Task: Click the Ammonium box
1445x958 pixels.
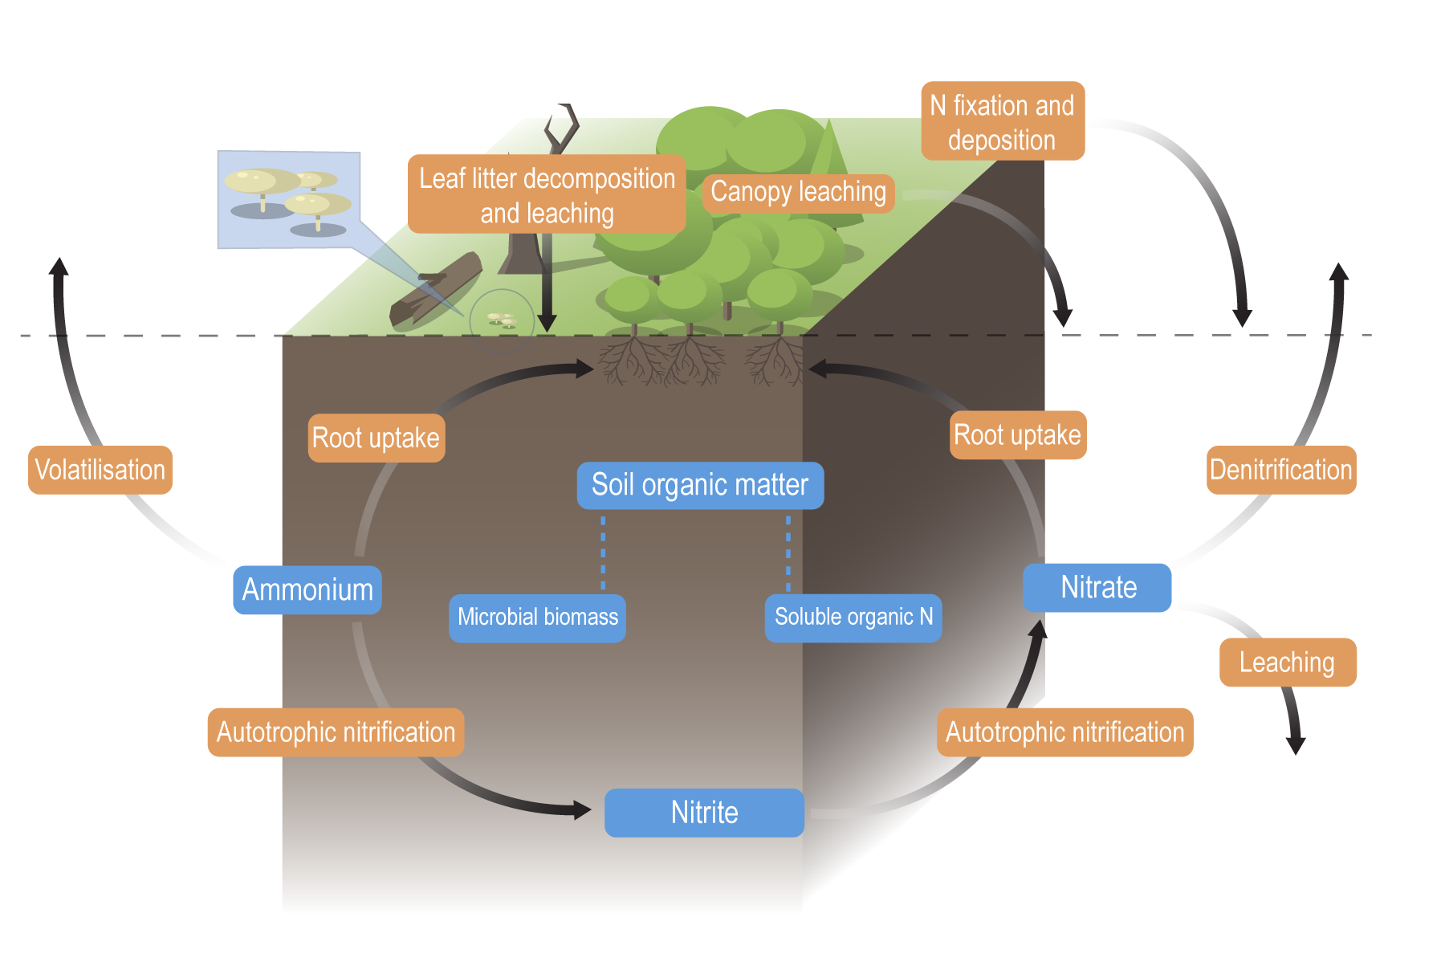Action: (x=307, y=590)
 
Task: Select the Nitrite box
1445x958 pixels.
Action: (x=704, y=813)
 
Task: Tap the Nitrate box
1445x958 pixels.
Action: (x=1097, y=588)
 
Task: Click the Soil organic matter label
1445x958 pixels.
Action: (x=700, y=485)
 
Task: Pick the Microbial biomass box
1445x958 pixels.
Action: (x=537, y=618)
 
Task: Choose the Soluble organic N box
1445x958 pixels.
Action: (x=853, y=618)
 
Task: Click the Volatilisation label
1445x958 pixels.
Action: (x=100, y=470)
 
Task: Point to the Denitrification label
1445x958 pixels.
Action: (x=1280, y=470)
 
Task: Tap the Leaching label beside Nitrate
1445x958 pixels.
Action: (x=1287, y=662)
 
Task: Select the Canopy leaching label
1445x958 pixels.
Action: (x=798, y=193)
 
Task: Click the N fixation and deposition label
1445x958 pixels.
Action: (x=1002, y=121)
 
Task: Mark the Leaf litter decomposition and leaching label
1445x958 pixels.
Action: (x=547, y=195)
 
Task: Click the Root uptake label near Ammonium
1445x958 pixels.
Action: (x=376, y=438)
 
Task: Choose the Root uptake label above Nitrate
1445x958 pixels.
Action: (x=1017, y=435)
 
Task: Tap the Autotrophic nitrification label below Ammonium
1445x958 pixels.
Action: (x=336, y=732)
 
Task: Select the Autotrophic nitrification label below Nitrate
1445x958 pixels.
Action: (x=1064, y=732)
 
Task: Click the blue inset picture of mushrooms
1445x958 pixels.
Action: (x=288, y=199)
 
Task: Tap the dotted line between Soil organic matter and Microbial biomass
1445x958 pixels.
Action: (x=603, y=553)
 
